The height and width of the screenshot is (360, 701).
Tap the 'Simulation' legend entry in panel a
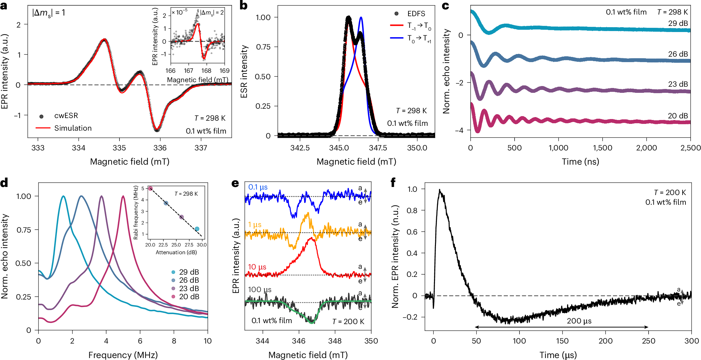click(x=73, y=128)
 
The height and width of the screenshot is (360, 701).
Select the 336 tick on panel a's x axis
click(x=160, y=148)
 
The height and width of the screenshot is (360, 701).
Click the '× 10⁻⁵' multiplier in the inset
click(x=180, y=12)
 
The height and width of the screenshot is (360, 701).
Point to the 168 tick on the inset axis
click(x=206, y=71)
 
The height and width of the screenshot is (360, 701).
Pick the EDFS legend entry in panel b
click(x=416, y=14)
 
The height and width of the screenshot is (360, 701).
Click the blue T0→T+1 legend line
click(x=397, y=38)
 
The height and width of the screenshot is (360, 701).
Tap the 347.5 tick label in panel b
click(x=378, y=148)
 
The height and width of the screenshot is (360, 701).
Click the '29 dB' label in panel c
click(x=678, y=23)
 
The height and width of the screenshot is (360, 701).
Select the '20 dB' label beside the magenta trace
click(x=678, y=116)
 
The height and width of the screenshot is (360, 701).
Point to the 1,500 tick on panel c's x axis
click(x=603, y=148)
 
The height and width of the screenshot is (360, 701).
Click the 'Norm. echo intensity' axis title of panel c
click(x=447, y=71)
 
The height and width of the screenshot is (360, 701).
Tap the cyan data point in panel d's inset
click(x=197, y=229)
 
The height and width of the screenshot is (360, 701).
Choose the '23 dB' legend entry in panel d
click(x=189, y=288)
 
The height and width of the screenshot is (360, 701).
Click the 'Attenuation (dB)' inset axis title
click(x=176, y=252)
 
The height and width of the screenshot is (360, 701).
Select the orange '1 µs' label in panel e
click(x=255, y=224)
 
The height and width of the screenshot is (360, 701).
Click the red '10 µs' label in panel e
click(x=257, y=267)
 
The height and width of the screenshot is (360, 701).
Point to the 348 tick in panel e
click(x=335, y=341)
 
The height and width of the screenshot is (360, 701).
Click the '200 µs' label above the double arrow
click(x=579, y=321)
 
